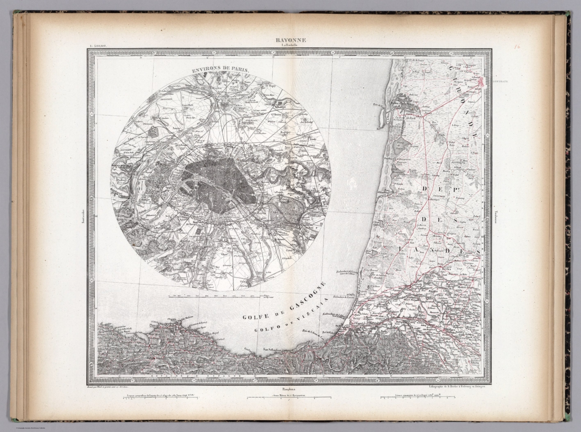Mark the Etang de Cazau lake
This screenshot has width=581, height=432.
point(400,146)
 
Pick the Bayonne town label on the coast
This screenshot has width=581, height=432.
point(355,329)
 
